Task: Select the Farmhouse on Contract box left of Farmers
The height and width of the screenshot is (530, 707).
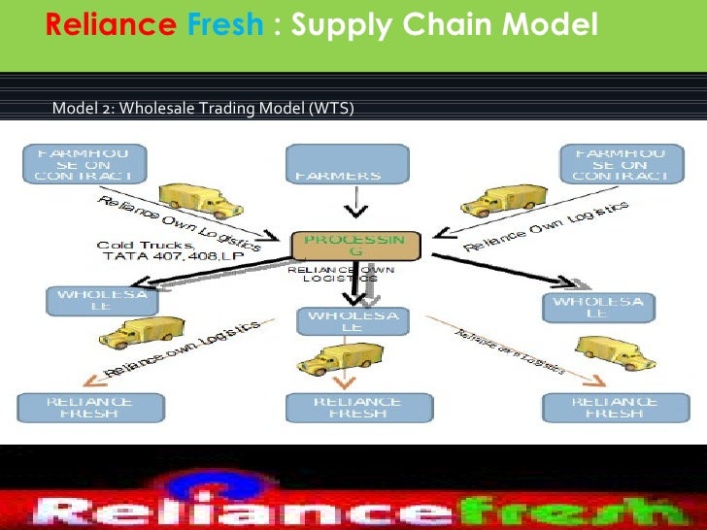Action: pyautogui.click(x=88, y=163)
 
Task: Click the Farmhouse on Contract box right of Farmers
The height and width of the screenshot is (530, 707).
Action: pyautogui.click(x=620, y=163)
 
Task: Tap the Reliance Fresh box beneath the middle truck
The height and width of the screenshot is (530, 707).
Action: pyautogui.click(x=355, y=408)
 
